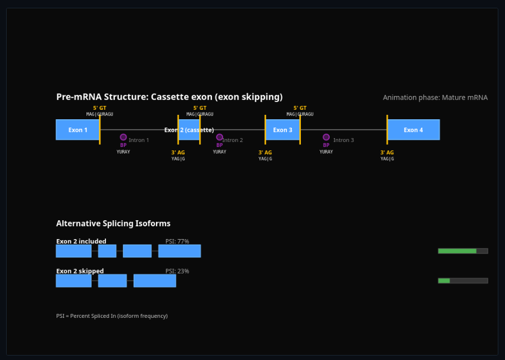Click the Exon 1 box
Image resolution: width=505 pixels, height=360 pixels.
(78, 130)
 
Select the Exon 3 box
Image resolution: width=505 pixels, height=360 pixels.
(282, 130)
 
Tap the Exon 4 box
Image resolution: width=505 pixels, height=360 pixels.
(413, 130)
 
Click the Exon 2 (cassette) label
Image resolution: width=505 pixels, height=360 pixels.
(189, 130)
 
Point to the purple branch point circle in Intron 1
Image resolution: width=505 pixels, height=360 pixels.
(123, 137)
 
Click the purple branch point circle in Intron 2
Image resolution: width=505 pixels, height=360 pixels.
(220, 137)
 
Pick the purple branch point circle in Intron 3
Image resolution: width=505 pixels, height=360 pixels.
(326, 137)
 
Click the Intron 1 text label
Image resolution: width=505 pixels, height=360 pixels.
(139, 140)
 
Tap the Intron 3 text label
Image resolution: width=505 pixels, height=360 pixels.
(344, 140)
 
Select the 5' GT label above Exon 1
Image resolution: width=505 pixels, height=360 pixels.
(99, 108)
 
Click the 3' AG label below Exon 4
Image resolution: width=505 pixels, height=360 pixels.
(387, 153)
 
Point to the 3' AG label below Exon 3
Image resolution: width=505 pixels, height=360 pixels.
(265, 153)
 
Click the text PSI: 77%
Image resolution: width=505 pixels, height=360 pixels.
(177, 241)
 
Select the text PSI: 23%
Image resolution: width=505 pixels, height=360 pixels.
(177, 271)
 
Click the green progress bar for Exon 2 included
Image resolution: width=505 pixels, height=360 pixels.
(457, 251)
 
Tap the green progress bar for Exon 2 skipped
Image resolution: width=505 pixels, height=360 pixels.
(444, 281)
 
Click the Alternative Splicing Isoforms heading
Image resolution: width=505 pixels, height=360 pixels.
(113, 224)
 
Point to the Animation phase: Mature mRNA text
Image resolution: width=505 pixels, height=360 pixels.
(435, 98)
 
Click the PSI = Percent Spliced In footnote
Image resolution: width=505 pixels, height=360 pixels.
(112, 316)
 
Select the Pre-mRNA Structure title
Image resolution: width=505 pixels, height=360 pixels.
(169, 97)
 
